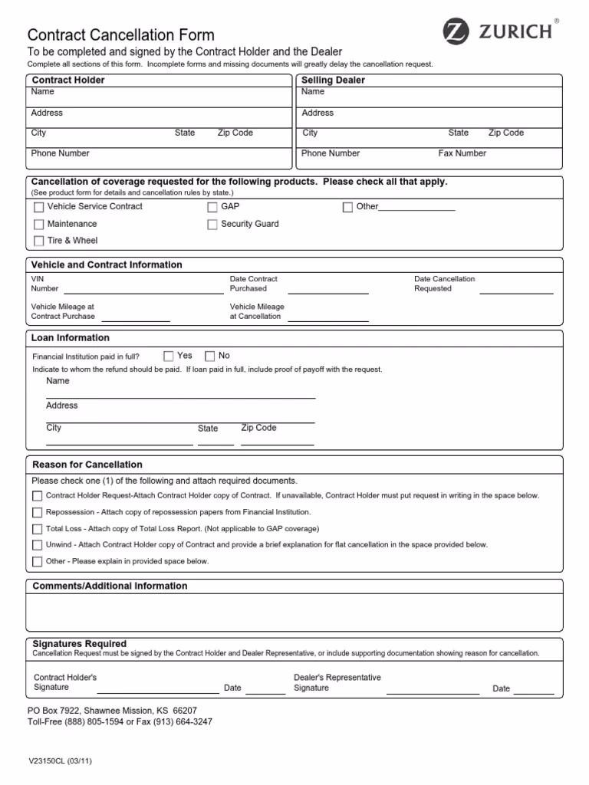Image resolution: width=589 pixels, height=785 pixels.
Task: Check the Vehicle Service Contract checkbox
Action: click(x=39, y=207)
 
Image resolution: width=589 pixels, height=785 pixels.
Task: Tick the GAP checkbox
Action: click(x=212, y=207)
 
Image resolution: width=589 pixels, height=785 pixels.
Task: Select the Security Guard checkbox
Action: click(x=212, y=225)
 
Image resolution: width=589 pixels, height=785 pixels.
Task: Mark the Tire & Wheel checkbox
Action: click(x=39, y=241)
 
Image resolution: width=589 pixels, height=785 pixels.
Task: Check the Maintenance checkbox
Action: click(x=39, y=225)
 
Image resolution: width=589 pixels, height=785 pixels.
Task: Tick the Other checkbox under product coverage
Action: click(x=347, y=207)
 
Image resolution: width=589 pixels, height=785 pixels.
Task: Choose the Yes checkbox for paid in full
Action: click(x=169, y=356)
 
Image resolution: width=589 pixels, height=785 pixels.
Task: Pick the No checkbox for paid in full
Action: click(x=210, y=356)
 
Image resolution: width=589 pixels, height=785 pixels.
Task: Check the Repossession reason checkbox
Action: click(x=38, y=512)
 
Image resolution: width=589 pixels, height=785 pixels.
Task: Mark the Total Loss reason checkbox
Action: click(x=38, y=529)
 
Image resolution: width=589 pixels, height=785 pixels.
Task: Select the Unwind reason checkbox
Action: click(x=38, y=545)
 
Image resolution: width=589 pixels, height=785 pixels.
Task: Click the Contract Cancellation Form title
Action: click(x=121, y=35)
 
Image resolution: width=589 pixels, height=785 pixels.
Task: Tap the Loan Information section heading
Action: click(x=70, y=338)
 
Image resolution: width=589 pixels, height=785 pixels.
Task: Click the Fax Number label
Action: click(x=462, y=153)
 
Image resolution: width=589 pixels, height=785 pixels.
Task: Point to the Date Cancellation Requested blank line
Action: click(x=516, y=291)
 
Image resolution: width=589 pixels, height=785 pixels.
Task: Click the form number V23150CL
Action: click(x=61, y=762)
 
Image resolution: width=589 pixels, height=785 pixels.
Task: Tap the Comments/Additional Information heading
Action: click(x=110, y=586)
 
